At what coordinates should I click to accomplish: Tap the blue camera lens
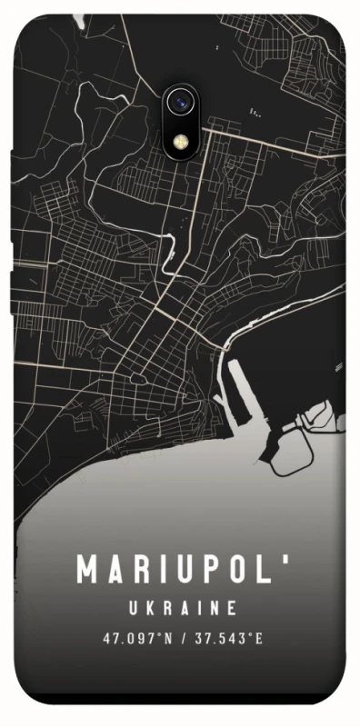point(181,103)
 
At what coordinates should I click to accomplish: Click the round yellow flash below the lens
point(181,142)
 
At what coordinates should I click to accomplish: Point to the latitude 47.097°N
point(137,640)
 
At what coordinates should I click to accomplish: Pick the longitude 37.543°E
point(226,640)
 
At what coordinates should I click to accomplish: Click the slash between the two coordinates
point(183,640)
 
